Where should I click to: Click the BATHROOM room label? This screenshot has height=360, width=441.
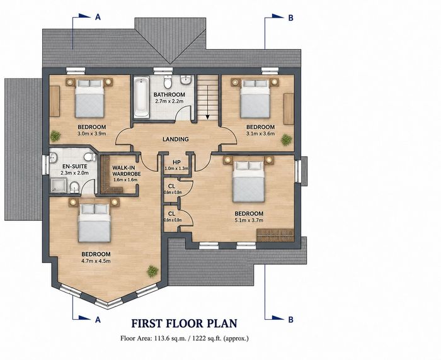(169, 94)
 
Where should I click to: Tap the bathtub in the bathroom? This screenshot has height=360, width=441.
(142, 97)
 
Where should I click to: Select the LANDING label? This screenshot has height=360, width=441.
(176, 139)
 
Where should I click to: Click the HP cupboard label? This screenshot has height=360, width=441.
(176, 162)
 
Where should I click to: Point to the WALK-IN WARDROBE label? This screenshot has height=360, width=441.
(126, 171)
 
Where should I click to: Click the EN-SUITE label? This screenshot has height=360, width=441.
(75, 166)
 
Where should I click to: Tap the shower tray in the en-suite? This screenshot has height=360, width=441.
(59, 186)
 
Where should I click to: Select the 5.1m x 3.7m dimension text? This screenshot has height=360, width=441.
(249, 220)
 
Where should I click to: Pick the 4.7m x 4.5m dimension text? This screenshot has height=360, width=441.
(96, 261)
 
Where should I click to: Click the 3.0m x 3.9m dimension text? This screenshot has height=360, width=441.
(92, 134)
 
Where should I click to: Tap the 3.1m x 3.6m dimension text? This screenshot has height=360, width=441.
(260, 134)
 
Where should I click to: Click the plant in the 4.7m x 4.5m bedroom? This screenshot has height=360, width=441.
(152, 271)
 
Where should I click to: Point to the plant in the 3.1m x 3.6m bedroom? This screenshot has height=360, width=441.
(286, 140)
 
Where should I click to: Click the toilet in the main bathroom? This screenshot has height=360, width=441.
(168, 81)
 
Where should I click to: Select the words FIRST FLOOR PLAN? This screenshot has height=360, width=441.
(184, 323)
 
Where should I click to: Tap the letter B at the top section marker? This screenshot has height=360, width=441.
(291, 18)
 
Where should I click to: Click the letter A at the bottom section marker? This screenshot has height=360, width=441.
(98, 320)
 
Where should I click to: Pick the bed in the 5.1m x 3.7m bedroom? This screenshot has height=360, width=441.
(249, 181)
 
